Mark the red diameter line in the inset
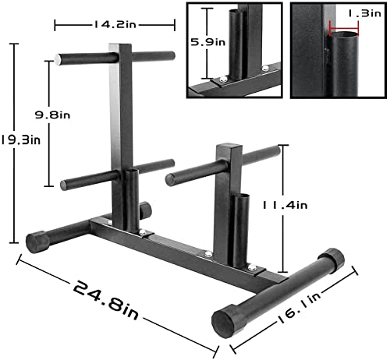pyautogui.click(x=345, y=33)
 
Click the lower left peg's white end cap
pyautogui.click(x=65, y=185)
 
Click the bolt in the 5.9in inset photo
pyautogui.click(x=225, y=77)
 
